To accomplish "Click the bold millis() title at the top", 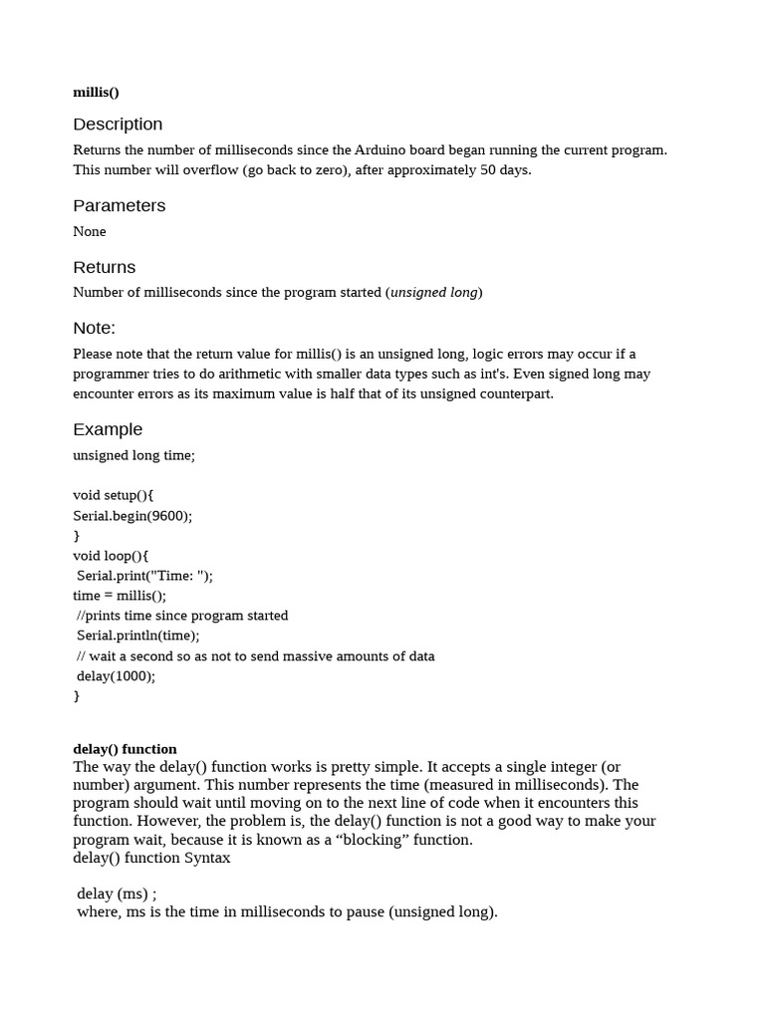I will [x=96, y=93].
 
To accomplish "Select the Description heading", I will [x=118, y=125].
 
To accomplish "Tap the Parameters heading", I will [x=120, y=206].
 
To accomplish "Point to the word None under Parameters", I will [x=90, y=232].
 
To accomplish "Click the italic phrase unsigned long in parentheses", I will [x=433, y=293].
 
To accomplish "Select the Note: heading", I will [x=94, y=329].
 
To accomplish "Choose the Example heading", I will [x=108, y=430].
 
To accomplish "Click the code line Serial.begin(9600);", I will [x=132, y=516].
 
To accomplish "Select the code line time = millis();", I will [x=120, y=596].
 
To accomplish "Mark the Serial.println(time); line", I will [x=138, y=636].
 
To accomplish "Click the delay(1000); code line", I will [x=117, y=676].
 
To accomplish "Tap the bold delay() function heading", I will [x=125, y=749].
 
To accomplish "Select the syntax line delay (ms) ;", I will [x=117, y=893].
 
